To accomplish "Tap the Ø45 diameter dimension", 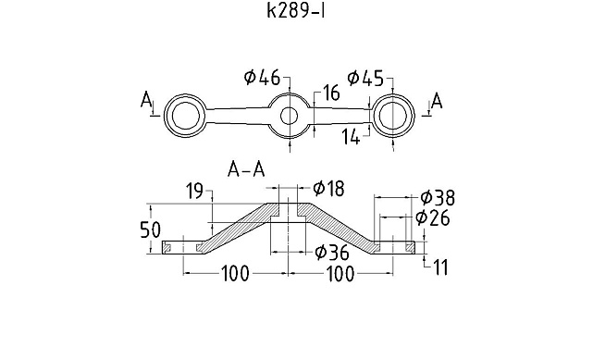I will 364,79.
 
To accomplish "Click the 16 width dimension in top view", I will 330,93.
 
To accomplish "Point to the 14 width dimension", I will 350,137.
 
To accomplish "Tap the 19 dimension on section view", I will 194,191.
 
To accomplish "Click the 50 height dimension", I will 150,229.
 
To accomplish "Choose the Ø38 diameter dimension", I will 437,197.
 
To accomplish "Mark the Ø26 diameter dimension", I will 432,217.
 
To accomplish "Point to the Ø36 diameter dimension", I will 331,252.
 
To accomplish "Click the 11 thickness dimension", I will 440,268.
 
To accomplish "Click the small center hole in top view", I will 290,116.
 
